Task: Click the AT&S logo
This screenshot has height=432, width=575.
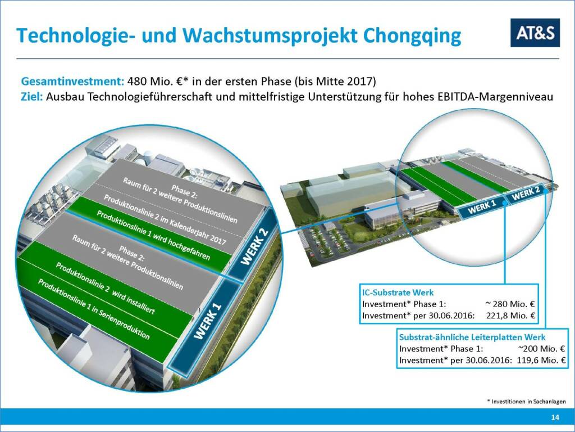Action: (535, 33)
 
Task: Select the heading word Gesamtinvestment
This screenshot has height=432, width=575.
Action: (72, 81)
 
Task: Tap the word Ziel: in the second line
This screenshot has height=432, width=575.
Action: (32, 97)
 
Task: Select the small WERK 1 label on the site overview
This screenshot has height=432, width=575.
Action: (482, 207)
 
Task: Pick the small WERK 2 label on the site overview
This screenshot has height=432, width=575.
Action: (526, 193)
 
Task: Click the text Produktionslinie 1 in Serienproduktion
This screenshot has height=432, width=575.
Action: (94, 309)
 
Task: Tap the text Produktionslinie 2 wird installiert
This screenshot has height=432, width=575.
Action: (105, 288)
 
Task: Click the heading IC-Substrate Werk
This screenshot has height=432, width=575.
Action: (398, 292)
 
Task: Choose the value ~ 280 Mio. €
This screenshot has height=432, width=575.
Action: (510, 304)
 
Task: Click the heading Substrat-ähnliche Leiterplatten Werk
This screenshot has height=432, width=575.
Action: (472, 337)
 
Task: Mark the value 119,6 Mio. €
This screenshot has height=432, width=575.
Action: (541, 361)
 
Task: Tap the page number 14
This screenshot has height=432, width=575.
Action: (555, 417)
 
